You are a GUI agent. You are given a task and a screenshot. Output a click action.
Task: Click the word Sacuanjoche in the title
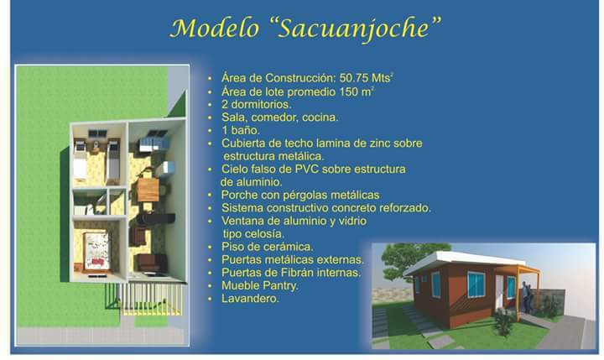(x=353, y=29)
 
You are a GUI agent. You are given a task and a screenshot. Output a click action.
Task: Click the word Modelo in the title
(x=214, y=29)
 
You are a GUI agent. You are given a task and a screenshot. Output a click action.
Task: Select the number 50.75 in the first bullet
(x=354, y=78)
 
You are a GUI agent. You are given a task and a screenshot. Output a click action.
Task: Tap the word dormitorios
(x=261, y=104)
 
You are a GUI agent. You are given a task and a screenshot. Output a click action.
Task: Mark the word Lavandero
(x=250, y=299)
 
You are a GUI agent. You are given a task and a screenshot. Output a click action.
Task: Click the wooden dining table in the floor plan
(x=148, y=190)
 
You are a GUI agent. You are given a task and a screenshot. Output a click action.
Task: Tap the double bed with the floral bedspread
(x=96, y=251)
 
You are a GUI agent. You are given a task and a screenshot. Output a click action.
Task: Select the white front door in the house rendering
(x=500, y=293)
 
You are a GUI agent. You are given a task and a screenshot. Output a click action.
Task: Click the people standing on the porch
(x=528, y=297)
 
